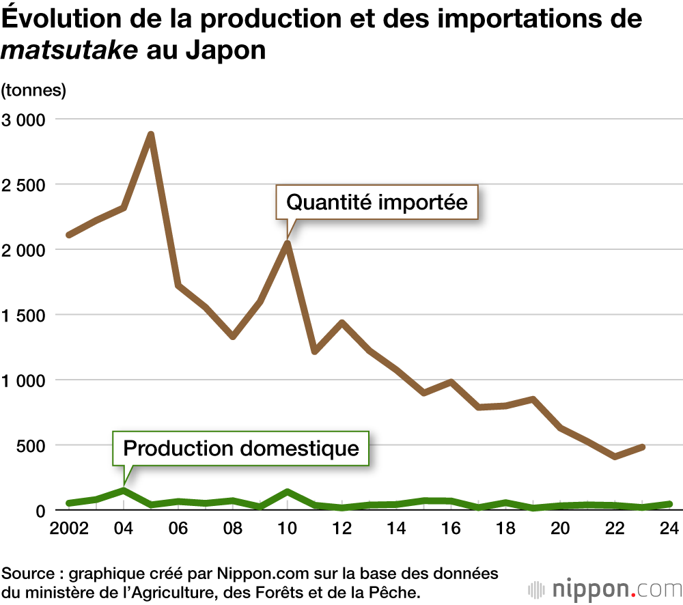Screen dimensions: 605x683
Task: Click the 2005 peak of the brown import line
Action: pyautogui.click(x=151, y=135)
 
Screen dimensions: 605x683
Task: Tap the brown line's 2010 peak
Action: pyautogui.click(x=288, y=243)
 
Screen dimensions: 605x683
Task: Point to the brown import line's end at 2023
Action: pyautogui.click(x=642, y=447)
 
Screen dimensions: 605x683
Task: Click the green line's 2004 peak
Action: pyautogui.click(x=124, y=490)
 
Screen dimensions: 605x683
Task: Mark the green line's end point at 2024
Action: pyautogui.click(x=669, y=504)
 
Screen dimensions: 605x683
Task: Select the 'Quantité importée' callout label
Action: pyautogui.click(x=376, y=202)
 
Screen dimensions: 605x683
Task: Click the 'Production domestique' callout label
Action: pyautogui.click(x=241, y=448)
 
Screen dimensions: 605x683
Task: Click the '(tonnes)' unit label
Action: pyautogui.click(x=33, y=89)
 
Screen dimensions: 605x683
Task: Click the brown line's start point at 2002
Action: pyautogui.click(x=69, y=234)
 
